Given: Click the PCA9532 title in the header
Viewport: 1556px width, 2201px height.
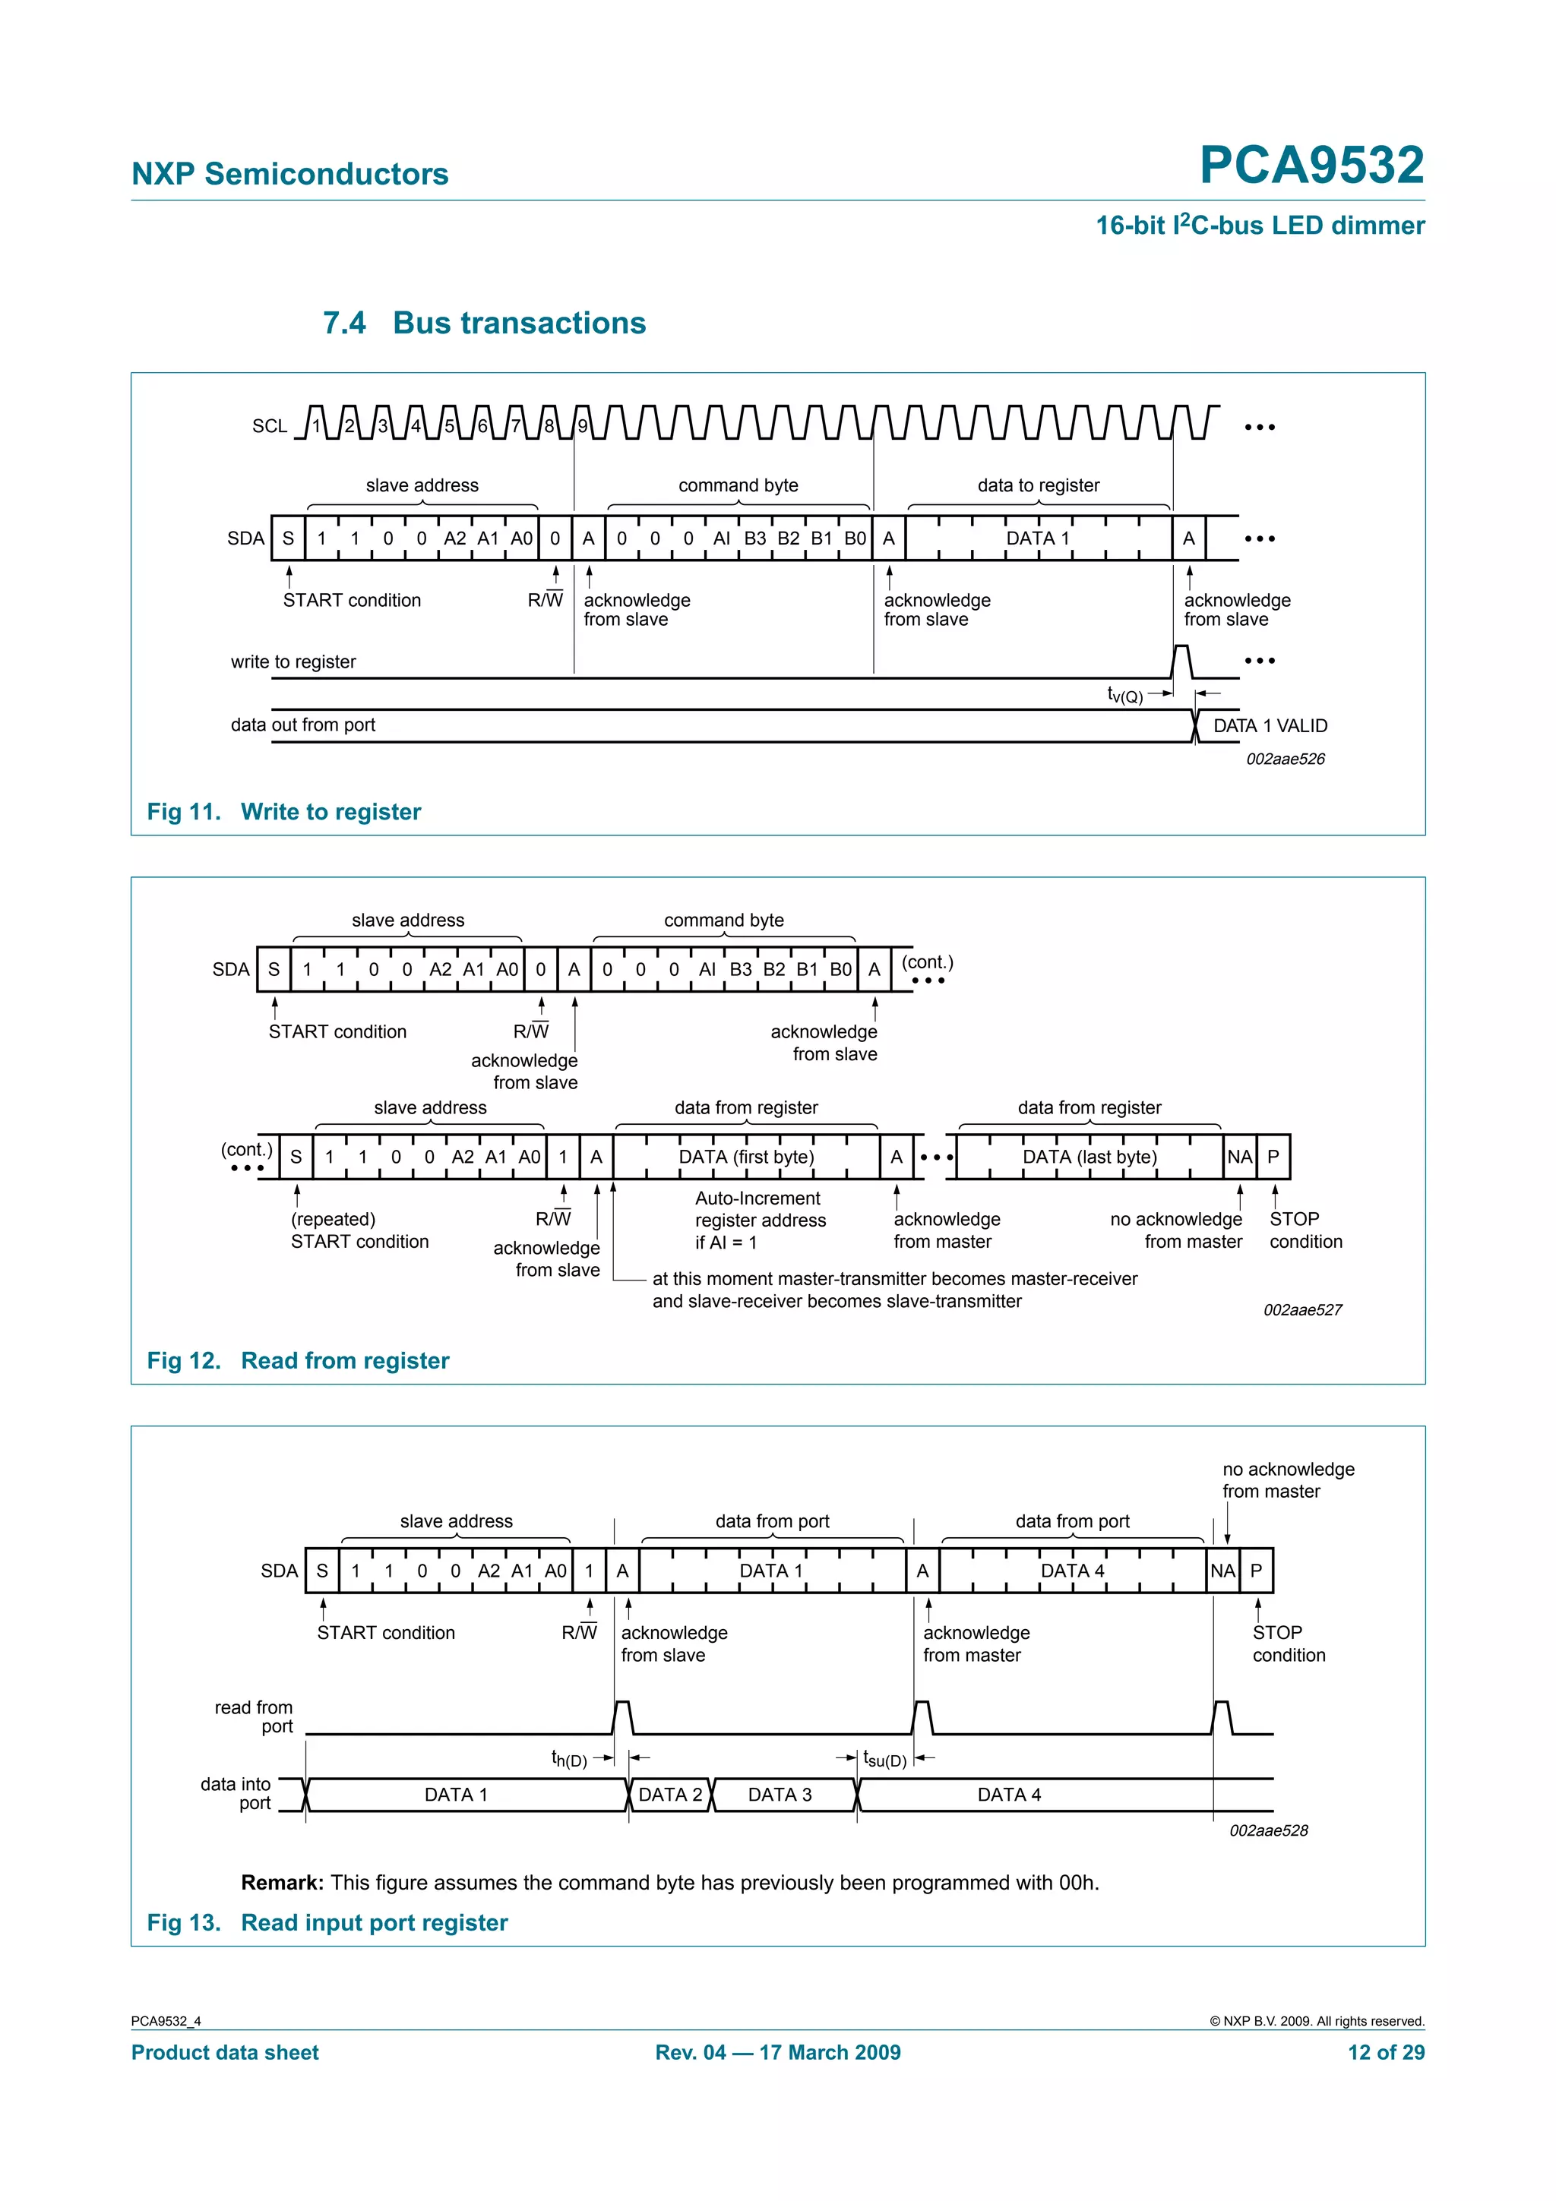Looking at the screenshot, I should point(1311,165).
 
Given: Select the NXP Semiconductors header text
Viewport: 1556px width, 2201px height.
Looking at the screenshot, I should point(289,173).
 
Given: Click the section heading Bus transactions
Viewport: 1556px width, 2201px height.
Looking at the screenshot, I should point(519,323).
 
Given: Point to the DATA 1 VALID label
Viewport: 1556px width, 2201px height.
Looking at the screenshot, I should point(1270,725).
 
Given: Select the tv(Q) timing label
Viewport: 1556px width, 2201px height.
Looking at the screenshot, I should point(1124,695).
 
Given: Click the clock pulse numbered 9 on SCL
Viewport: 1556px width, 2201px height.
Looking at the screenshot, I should point(582,425).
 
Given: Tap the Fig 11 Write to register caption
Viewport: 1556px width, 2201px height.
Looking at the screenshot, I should point(284,812).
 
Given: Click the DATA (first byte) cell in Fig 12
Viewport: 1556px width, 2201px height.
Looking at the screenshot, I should point(746,1157).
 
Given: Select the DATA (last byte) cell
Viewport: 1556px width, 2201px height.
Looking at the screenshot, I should point(1089,1157).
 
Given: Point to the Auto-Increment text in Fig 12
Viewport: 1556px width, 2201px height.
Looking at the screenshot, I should point(757,1198).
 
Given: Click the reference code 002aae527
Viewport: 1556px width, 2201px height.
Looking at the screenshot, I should point(1302,1309).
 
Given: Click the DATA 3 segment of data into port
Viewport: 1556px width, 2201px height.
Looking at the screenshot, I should point(780,1795).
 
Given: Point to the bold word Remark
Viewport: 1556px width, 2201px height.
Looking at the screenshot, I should point(283,1883).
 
